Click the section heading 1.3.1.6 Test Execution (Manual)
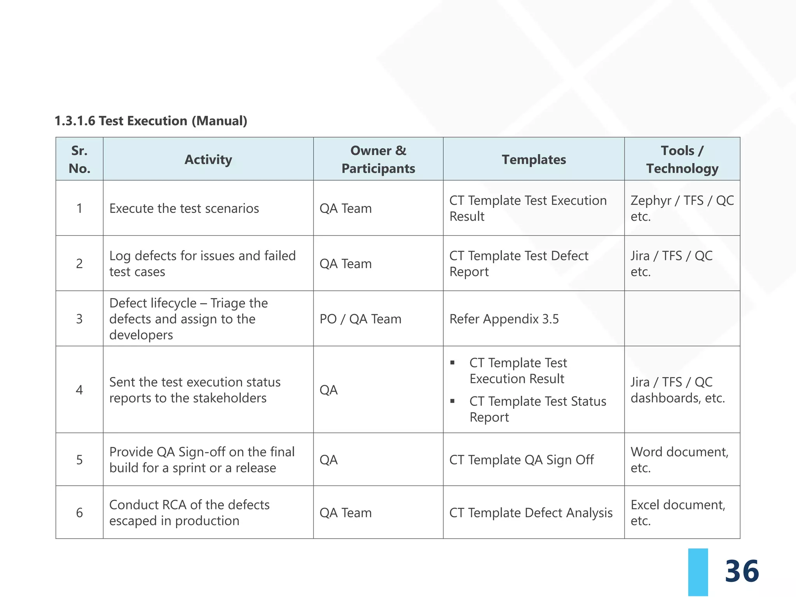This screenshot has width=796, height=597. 151,121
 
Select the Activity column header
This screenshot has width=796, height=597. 208,159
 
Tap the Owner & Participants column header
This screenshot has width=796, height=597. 378,159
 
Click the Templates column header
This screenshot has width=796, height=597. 534,159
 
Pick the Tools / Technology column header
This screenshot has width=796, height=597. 682,159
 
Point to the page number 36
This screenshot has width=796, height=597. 742,571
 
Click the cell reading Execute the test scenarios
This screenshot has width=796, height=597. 184,208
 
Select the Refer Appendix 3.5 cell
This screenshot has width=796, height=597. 504,319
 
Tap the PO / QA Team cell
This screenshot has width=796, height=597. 360,319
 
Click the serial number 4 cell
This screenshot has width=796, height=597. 79,390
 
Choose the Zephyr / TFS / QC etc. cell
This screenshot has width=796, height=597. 682,208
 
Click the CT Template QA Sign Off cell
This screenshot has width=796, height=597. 522,460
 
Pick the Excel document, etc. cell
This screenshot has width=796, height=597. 678,513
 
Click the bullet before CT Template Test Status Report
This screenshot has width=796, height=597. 452,401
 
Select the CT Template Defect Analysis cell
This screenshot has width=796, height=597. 531,513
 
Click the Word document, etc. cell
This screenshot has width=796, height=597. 679,460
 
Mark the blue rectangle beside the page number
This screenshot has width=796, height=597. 698,572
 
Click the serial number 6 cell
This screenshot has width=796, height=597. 79,513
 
